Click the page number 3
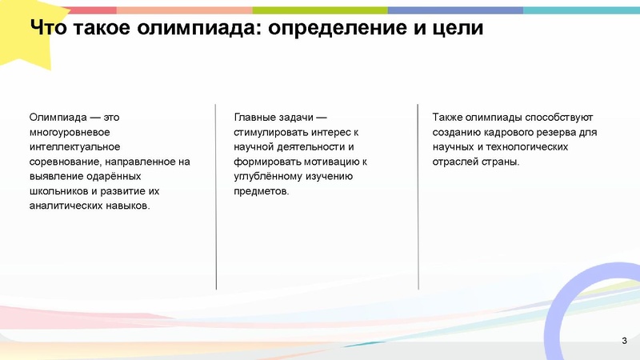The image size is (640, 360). tap(624, 342)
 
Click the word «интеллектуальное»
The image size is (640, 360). tap(74, 147)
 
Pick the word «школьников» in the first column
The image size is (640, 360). tap(58, 191)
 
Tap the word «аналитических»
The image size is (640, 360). tap(63, 206)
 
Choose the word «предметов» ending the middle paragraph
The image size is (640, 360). tap(259, 191)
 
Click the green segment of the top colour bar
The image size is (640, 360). tap(320, 10)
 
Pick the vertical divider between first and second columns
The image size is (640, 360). tap(216, 196)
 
